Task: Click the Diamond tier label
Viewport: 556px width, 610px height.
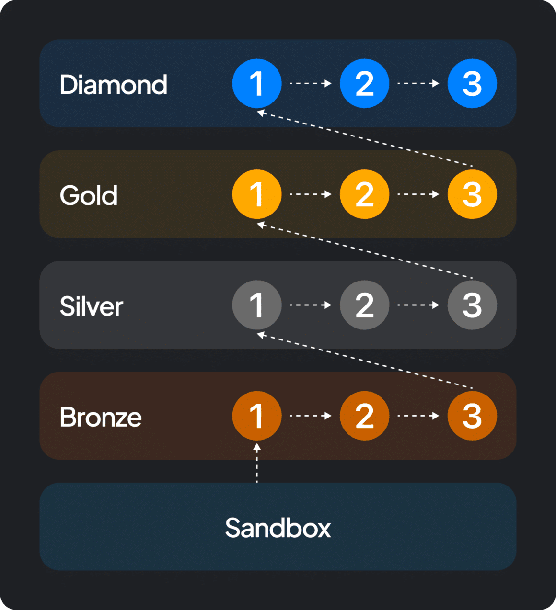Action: (114, 85)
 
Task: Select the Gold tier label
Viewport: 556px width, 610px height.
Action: (89, 195)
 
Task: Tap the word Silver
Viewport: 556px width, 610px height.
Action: (92, 306)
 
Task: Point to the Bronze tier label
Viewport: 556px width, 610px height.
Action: (101, 417)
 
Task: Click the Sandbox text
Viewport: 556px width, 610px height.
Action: (278, 528)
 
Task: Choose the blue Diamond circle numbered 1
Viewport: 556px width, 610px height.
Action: (257, 83)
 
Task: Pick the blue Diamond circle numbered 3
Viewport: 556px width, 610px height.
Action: (472, 83)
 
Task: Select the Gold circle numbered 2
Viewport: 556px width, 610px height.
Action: (364, 194)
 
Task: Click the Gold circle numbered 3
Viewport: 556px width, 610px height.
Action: (472, 194)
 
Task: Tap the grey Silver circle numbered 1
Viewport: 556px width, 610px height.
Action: (257, 305)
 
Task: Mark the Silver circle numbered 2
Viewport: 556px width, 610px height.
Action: (364, 305)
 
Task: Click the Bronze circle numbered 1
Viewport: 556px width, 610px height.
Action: (257, 416)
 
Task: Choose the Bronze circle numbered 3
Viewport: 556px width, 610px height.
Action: (472, 416)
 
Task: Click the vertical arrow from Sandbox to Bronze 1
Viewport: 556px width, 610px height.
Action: (257, 463)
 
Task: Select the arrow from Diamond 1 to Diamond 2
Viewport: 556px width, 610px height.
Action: (311, 83)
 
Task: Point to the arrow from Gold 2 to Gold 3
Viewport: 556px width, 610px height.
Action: (418, 194)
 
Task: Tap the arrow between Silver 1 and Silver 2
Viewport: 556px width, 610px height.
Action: (311, 305)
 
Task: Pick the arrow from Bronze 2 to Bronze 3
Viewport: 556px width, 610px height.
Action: (418, 416)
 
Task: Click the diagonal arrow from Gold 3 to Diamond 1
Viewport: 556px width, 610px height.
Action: (364, 139)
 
